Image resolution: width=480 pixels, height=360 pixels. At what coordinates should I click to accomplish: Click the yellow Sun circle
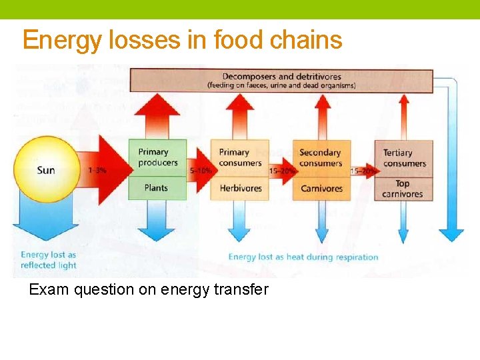click(45, 169)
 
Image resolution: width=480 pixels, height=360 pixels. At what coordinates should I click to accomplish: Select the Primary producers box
click(157, 157)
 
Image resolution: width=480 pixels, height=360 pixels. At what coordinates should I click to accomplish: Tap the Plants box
click(156, 188)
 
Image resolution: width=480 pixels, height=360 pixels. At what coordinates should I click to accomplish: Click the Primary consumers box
click(239, 157)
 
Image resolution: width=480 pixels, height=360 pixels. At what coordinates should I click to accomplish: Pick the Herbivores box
click(241, 188)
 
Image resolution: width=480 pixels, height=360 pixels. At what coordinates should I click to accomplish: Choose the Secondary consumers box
click(321, 157)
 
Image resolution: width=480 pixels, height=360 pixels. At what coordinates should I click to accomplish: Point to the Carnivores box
click(321, 188)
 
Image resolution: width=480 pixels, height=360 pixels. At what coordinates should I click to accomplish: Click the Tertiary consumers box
click(404, 158)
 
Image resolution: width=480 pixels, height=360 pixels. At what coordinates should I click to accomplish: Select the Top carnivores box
click(403, 189)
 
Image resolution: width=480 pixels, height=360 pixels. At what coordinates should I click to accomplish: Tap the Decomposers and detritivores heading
click(281, 77)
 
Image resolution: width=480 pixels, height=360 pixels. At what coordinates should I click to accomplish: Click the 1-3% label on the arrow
click(97, 171)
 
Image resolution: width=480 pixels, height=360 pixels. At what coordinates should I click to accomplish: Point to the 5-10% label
click(201, 171)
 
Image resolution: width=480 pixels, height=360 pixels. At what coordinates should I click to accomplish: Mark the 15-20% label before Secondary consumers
click(282, 171)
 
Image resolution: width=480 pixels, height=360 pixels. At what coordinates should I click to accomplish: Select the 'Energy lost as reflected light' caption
click(48, 260)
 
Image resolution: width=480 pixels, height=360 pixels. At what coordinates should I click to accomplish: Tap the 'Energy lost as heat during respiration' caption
click(303, 257)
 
